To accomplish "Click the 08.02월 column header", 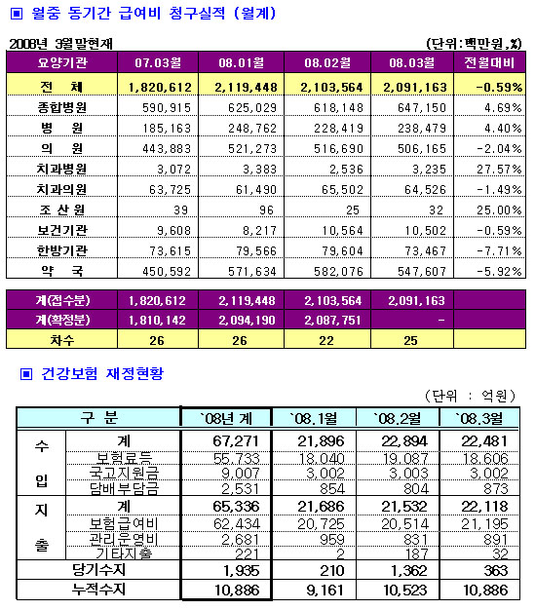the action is (327, 62).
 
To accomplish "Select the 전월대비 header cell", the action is (489, 62).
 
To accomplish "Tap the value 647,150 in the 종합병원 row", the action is (422, 107).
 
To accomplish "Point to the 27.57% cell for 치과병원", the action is (499, 170).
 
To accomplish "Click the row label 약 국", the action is (61, 270).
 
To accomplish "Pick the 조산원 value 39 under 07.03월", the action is (180, 210).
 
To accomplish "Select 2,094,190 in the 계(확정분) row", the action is (247, 320).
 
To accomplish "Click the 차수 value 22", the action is (326, 340).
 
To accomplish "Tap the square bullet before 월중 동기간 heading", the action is (17, 14).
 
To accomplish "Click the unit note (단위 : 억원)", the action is (470, 396).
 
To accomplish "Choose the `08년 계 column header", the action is (226, 418).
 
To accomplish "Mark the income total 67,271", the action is (236, 440).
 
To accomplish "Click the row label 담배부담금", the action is (124, 488).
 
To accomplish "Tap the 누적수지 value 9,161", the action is (325, 591).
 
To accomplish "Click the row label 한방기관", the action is (61, 250).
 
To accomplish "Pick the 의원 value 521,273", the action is (252, 149).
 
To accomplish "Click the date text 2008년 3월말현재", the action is (60, 44).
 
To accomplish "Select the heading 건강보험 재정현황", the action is (102, 373).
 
